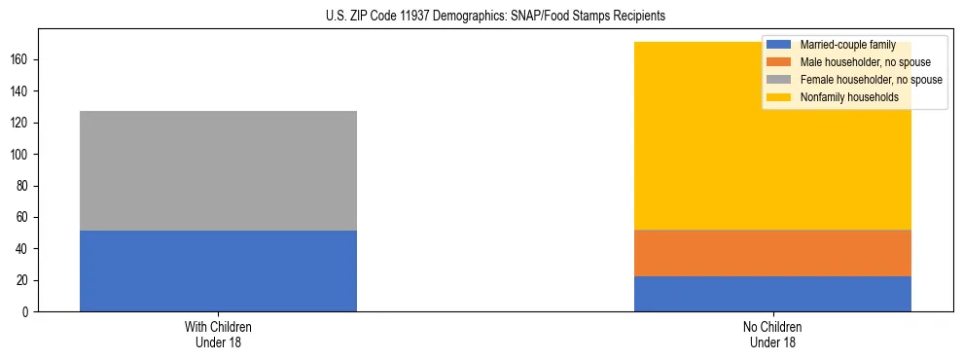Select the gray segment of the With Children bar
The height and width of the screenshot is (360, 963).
[x=218, y=170]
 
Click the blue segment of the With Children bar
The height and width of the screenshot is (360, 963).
[x=218, y=270]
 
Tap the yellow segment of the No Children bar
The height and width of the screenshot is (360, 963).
[x=772, y=146]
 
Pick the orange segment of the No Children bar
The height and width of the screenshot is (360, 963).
[x=772, y=253]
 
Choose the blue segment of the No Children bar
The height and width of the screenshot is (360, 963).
[x=772, y=294]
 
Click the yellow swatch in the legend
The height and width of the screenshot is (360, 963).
[x=779, y=97]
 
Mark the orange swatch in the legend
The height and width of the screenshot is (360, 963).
[x=779, y=62]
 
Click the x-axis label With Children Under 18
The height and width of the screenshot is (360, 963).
[x=218, y=334]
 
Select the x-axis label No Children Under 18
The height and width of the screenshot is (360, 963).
[x=772, y=334]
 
